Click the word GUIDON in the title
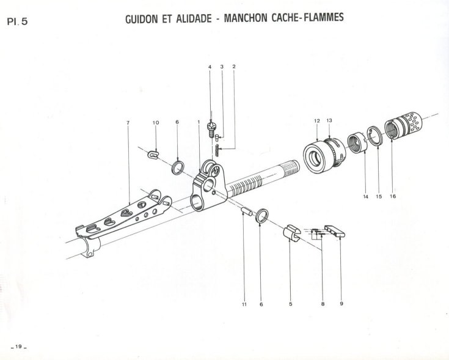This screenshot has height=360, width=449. (x=142, y=19)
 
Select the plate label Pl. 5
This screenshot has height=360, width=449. (x=18, y=21)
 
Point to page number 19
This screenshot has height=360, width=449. (x=18, y=347)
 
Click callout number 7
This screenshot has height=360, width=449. (x=128, y=123)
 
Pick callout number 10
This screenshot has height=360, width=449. (x=156, y=123)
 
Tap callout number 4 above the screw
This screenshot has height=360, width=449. (x=210, y=67)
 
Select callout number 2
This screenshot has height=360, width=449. (x=234, y=67)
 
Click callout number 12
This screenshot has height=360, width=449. (x=316, y=121)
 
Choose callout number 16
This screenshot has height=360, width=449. (x=393, y=196)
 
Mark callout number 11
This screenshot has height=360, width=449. (x=244, y=304)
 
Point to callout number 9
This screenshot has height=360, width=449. (x=341, y=304)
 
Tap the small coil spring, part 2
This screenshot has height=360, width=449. (x=217, y=150)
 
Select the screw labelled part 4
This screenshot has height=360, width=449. (x=211, y=130)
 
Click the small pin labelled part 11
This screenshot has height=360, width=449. (x=247, y=211)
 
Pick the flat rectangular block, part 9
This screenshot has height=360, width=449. (x=335, y=231)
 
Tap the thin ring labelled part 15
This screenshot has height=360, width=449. (x=375, y=136)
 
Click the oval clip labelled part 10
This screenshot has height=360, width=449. (x=153, y=154)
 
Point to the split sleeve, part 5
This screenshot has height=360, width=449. (x=292, y=233)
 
